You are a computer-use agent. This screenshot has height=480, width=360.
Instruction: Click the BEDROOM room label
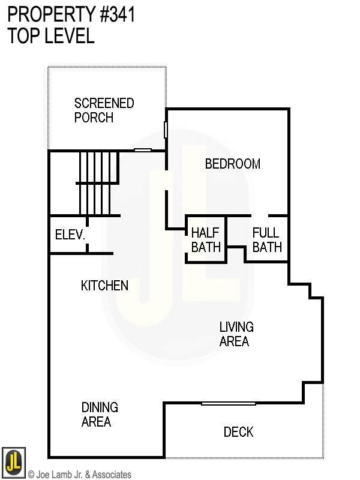click(x=233, y=164)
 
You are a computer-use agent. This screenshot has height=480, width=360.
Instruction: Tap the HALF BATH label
click(x=206, y=240)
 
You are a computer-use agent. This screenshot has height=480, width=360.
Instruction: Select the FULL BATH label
click(x=267, y=240)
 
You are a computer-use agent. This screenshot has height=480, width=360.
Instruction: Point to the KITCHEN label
click(x=104, y=286)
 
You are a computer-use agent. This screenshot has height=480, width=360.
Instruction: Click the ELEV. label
click(x=70, y=235)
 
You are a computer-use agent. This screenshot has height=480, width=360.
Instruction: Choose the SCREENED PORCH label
click(x=104, y=110)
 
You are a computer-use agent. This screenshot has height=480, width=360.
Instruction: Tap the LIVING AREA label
click(x=236, y=334)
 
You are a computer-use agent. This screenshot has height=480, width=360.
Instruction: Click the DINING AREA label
click(x=100, y=415)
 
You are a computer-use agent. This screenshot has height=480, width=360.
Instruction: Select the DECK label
click(x=238, y=432)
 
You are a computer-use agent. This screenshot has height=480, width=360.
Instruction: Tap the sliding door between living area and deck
click(x=229, y=404)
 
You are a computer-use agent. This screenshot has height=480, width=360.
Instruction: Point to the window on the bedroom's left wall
click(x=166, y=130)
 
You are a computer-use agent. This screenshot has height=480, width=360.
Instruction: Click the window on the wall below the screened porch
click(x=143, y=150)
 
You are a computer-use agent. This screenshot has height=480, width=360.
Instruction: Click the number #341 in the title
click(x=117, y=14)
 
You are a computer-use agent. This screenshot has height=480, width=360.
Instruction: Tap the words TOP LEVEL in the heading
click(x=51, y=35)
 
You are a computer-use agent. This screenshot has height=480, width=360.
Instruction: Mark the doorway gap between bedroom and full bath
click(x=260, y=216)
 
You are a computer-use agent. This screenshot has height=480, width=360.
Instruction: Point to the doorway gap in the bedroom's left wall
click(x=167, y=181)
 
